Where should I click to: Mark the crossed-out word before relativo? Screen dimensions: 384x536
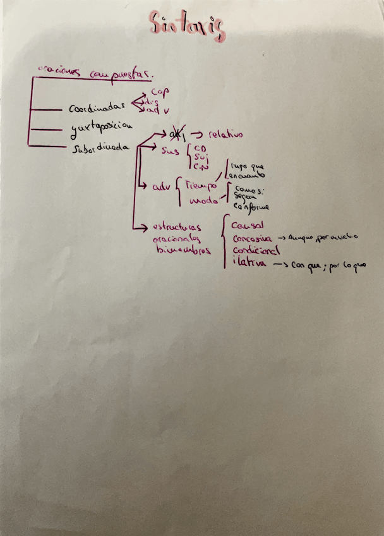point(172,134)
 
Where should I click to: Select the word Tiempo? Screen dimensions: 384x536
point(201,181)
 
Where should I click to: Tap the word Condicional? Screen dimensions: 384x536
point(256,252)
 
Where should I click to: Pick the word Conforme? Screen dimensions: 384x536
point(251,207)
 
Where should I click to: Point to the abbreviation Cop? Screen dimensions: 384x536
point(160,92)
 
